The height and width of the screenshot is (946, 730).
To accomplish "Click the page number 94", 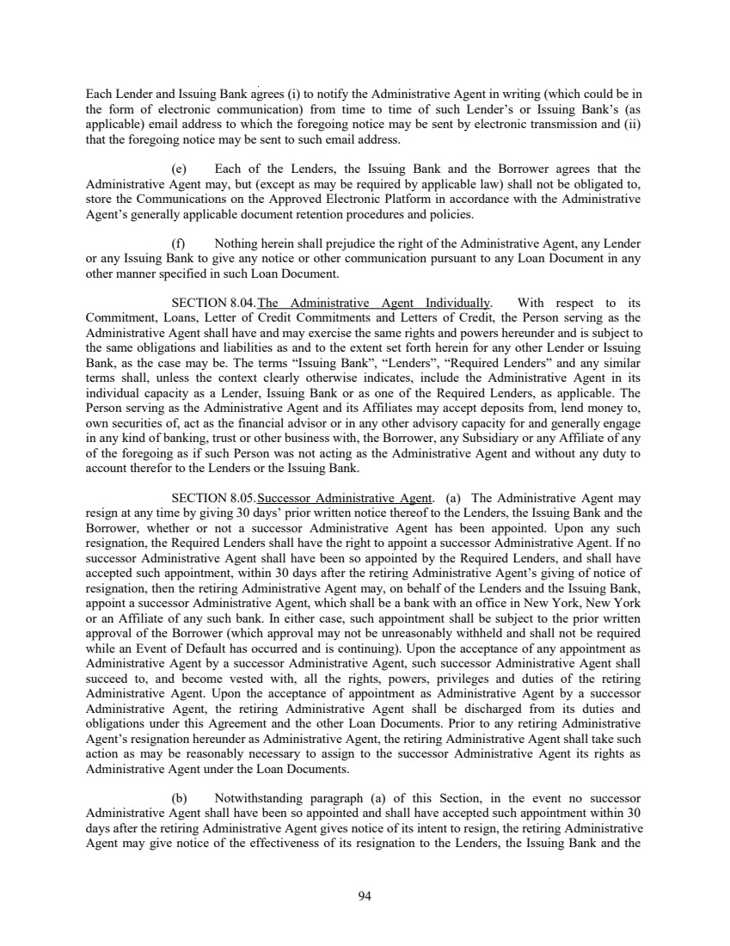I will pyautogui.click(x=364, y=896).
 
